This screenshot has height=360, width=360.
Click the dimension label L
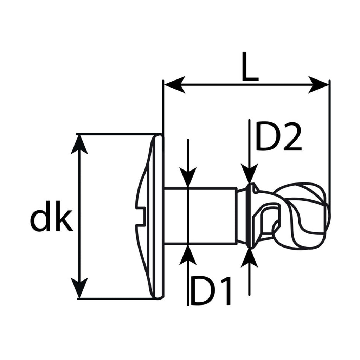(x=250, y=66)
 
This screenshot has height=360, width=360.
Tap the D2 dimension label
(x=278, y=137)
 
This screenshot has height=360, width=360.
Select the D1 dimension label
(x=210, y=291)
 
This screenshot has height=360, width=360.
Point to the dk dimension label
(x=51, y=216)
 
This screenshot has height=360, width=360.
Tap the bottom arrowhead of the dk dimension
(x=79, y=288)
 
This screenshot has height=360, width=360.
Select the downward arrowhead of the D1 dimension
(x=188, y=177)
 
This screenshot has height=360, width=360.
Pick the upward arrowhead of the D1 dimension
(x=188, y=255)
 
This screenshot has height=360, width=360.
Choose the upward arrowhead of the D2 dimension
(x=249, y=258)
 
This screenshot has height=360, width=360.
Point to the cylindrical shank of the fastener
(x=200, y=216)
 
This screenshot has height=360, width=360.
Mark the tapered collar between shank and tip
(x=243, y=216)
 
